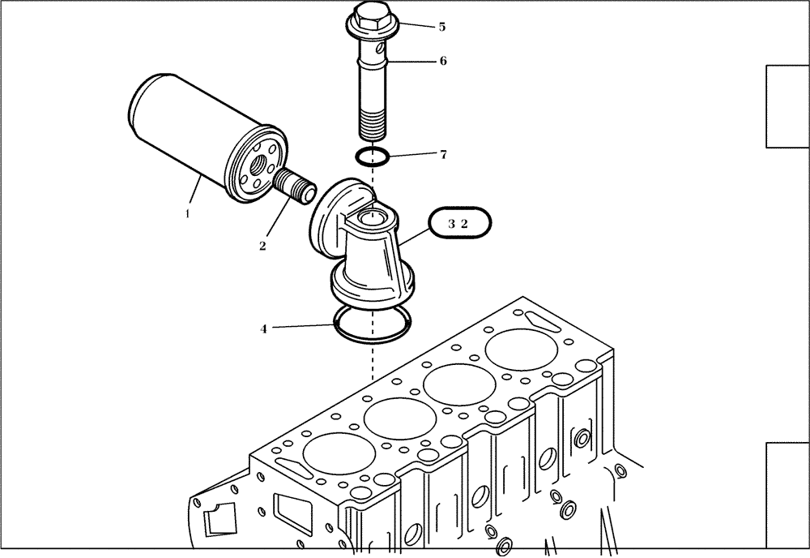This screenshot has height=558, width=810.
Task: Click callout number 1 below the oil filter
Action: [x=187, y=214]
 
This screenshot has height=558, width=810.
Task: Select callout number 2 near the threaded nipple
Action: [x=262, y=246]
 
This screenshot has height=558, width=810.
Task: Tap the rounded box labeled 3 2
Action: [x=459, y=224]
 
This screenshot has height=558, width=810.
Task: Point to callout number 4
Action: [x=263, y=328]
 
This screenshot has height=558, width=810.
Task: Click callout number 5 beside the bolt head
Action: [x=441, y=27]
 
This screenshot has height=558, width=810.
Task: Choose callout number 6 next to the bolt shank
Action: [x=443, y=61]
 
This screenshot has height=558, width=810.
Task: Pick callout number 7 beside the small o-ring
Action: [x=443, y=154]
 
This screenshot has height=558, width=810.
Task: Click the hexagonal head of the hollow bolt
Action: [x=369, y=16]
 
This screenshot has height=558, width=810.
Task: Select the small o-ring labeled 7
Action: [x=373, y=154]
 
